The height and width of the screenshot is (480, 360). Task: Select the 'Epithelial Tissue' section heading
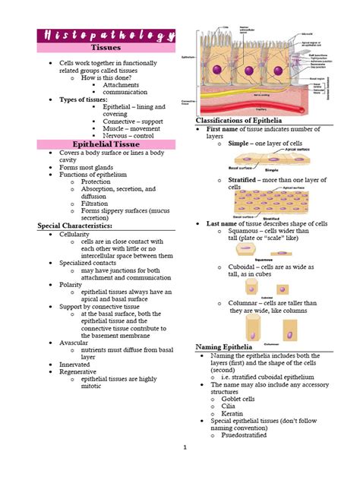click(x=106, y=144)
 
